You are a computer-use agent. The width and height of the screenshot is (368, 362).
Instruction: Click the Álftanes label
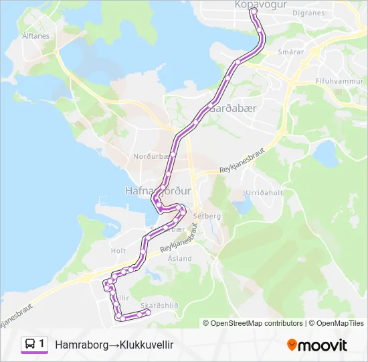coord(35,36)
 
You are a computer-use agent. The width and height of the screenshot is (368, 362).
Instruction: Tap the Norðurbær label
coord(148,158)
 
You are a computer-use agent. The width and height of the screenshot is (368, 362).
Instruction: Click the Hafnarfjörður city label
coord(159,190)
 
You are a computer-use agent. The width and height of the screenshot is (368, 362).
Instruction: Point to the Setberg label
coord(207,217)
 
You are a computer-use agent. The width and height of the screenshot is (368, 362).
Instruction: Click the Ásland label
coord(180,258)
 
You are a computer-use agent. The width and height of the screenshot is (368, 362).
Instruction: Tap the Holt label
coord(118,251)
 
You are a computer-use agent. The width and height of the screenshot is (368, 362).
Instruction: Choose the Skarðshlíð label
coord(160,304)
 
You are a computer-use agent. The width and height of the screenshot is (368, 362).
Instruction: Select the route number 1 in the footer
coord(42,345)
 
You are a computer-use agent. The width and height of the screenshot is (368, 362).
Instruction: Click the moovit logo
coord(317,345)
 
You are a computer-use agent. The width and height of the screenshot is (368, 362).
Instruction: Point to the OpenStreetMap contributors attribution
coord(252,323)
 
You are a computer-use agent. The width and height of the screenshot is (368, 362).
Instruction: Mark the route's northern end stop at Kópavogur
coord(254,11)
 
